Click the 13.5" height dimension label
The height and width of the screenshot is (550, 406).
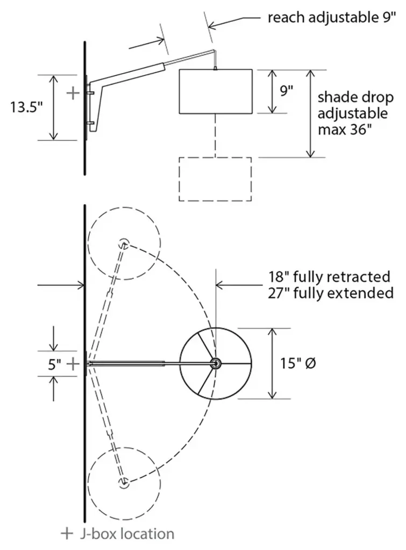click(26, 107)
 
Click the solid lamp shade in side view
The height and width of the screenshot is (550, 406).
click(216, 91)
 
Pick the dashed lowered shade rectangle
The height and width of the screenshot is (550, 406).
click(215, 179)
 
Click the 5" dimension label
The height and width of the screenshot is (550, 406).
click(54, 365)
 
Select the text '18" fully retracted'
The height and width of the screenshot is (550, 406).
click(329, 277)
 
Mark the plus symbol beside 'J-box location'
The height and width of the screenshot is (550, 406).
click(67, 533)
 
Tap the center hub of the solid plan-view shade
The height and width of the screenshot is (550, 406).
click(216, 364)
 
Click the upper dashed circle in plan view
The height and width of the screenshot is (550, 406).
click(124, 243)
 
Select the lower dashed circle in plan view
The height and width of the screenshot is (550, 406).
click(124, 482)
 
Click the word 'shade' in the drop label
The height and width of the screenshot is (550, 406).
click(335, 98)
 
